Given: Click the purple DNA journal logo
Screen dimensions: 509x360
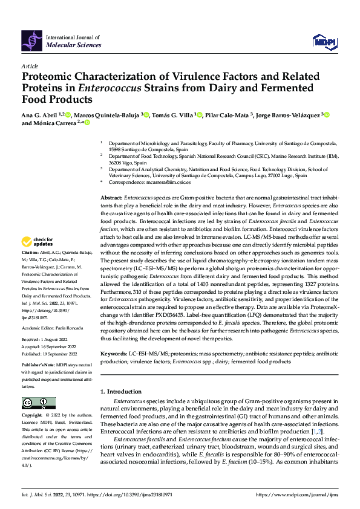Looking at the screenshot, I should click(32, 41).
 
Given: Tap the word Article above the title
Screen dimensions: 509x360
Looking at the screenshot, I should click(30, 65).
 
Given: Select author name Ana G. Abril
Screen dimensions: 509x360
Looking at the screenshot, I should click(41, 114).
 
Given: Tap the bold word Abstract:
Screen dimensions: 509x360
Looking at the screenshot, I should click(111, 198).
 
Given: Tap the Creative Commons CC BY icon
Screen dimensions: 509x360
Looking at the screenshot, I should click(38, 403).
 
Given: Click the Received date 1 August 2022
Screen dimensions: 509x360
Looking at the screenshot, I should click(56, 340).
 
